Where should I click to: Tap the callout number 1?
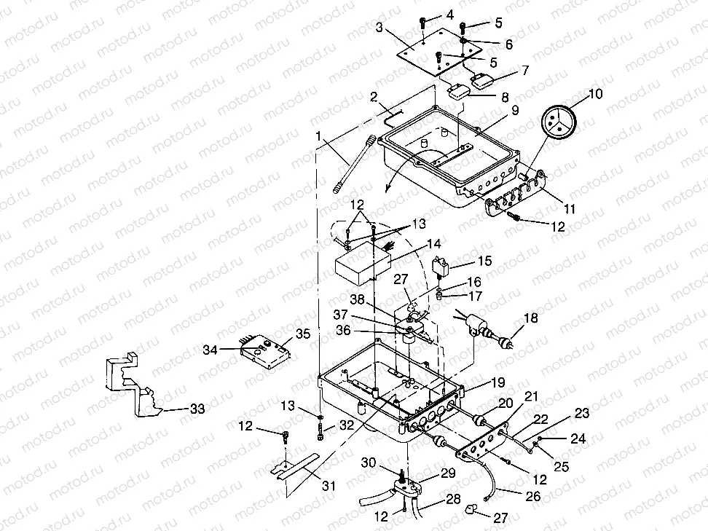pyautogui.click(x=318, y=136)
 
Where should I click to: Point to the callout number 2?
pyautogui.click(x=374, y=97)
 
